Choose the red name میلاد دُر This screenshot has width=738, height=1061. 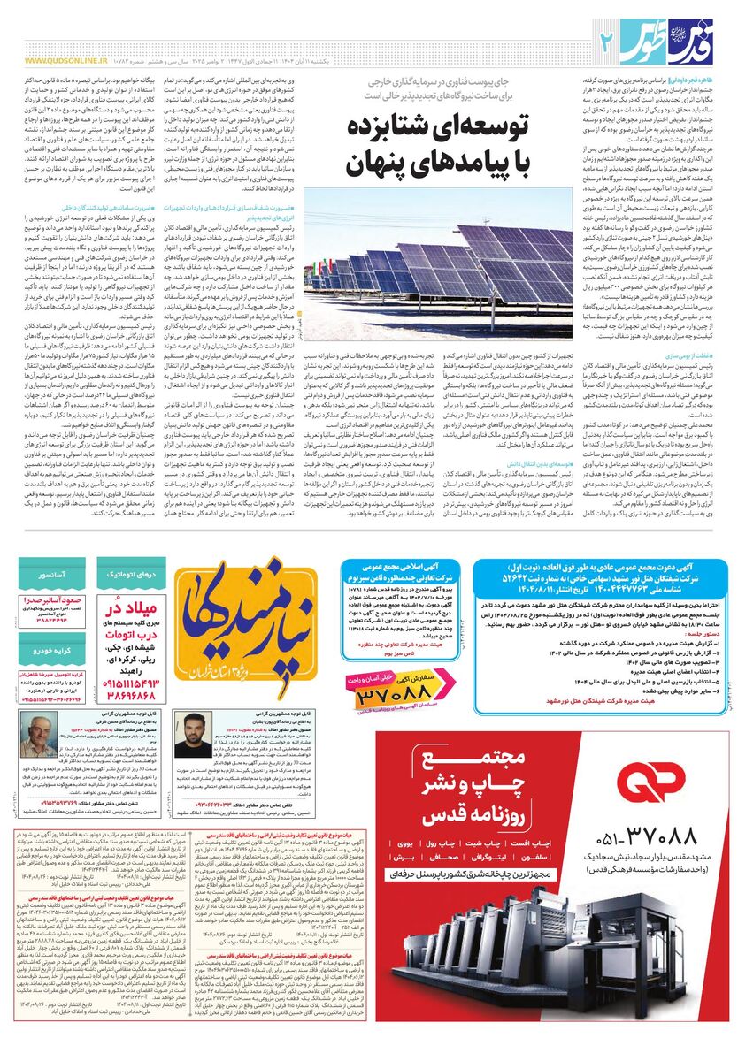click(133, 610)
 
